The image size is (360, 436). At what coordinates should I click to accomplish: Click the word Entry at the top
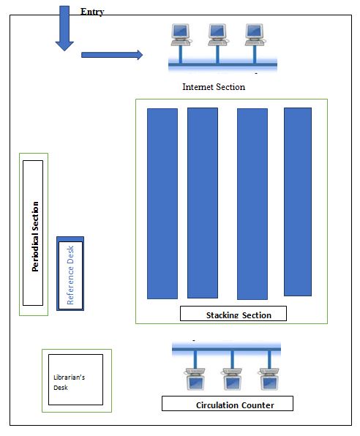[x=92, y=12]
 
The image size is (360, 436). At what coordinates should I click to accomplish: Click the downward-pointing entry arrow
[x=64, y=29]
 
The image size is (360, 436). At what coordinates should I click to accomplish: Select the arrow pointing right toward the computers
[x=112, y=55]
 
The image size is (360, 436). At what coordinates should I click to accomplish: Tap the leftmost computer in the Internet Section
[x=181, y=34]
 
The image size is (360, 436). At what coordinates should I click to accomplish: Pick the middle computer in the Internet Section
[x=217, y=34]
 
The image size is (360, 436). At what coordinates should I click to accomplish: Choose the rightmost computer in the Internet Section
[x=255, y=34]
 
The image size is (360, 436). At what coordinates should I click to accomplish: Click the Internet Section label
[x=214, y=87]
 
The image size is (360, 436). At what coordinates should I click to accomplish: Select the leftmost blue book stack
[x=162, y=203]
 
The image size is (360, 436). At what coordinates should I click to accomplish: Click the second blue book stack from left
[x=203, y=203]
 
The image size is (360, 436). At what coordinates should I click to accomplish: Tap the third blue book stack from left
[x=252, y=204]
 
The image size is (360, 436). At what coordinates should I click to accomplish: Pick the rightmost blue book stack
[x=298, y=202]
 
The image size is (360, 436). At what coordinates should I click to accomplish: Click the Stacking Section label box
[x=233, y=314]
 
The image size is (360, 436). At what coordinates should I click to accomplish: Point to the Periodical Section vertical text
[x=35, y=236]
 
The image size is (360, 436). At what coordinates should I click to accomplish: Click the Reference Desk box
[x=70, y=274]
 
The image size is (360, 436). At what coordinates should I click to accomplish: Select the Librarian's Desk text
[x=69, y=383]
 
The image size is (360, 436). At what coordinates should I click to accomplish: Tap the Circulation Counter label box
[x=228, y=404]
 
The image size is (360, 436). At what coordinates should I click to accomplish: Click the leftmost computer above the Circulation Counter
[x=195, y=379]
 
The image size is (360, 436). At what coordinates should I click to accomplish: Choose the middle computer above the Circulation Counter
[x=232, y=379]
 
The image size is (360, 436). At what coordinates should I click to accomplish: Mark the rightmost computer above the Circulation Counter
[x=269, y=379]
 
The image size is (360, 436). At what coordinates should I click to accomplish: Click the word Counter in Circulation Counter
[x=258, y=405]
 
